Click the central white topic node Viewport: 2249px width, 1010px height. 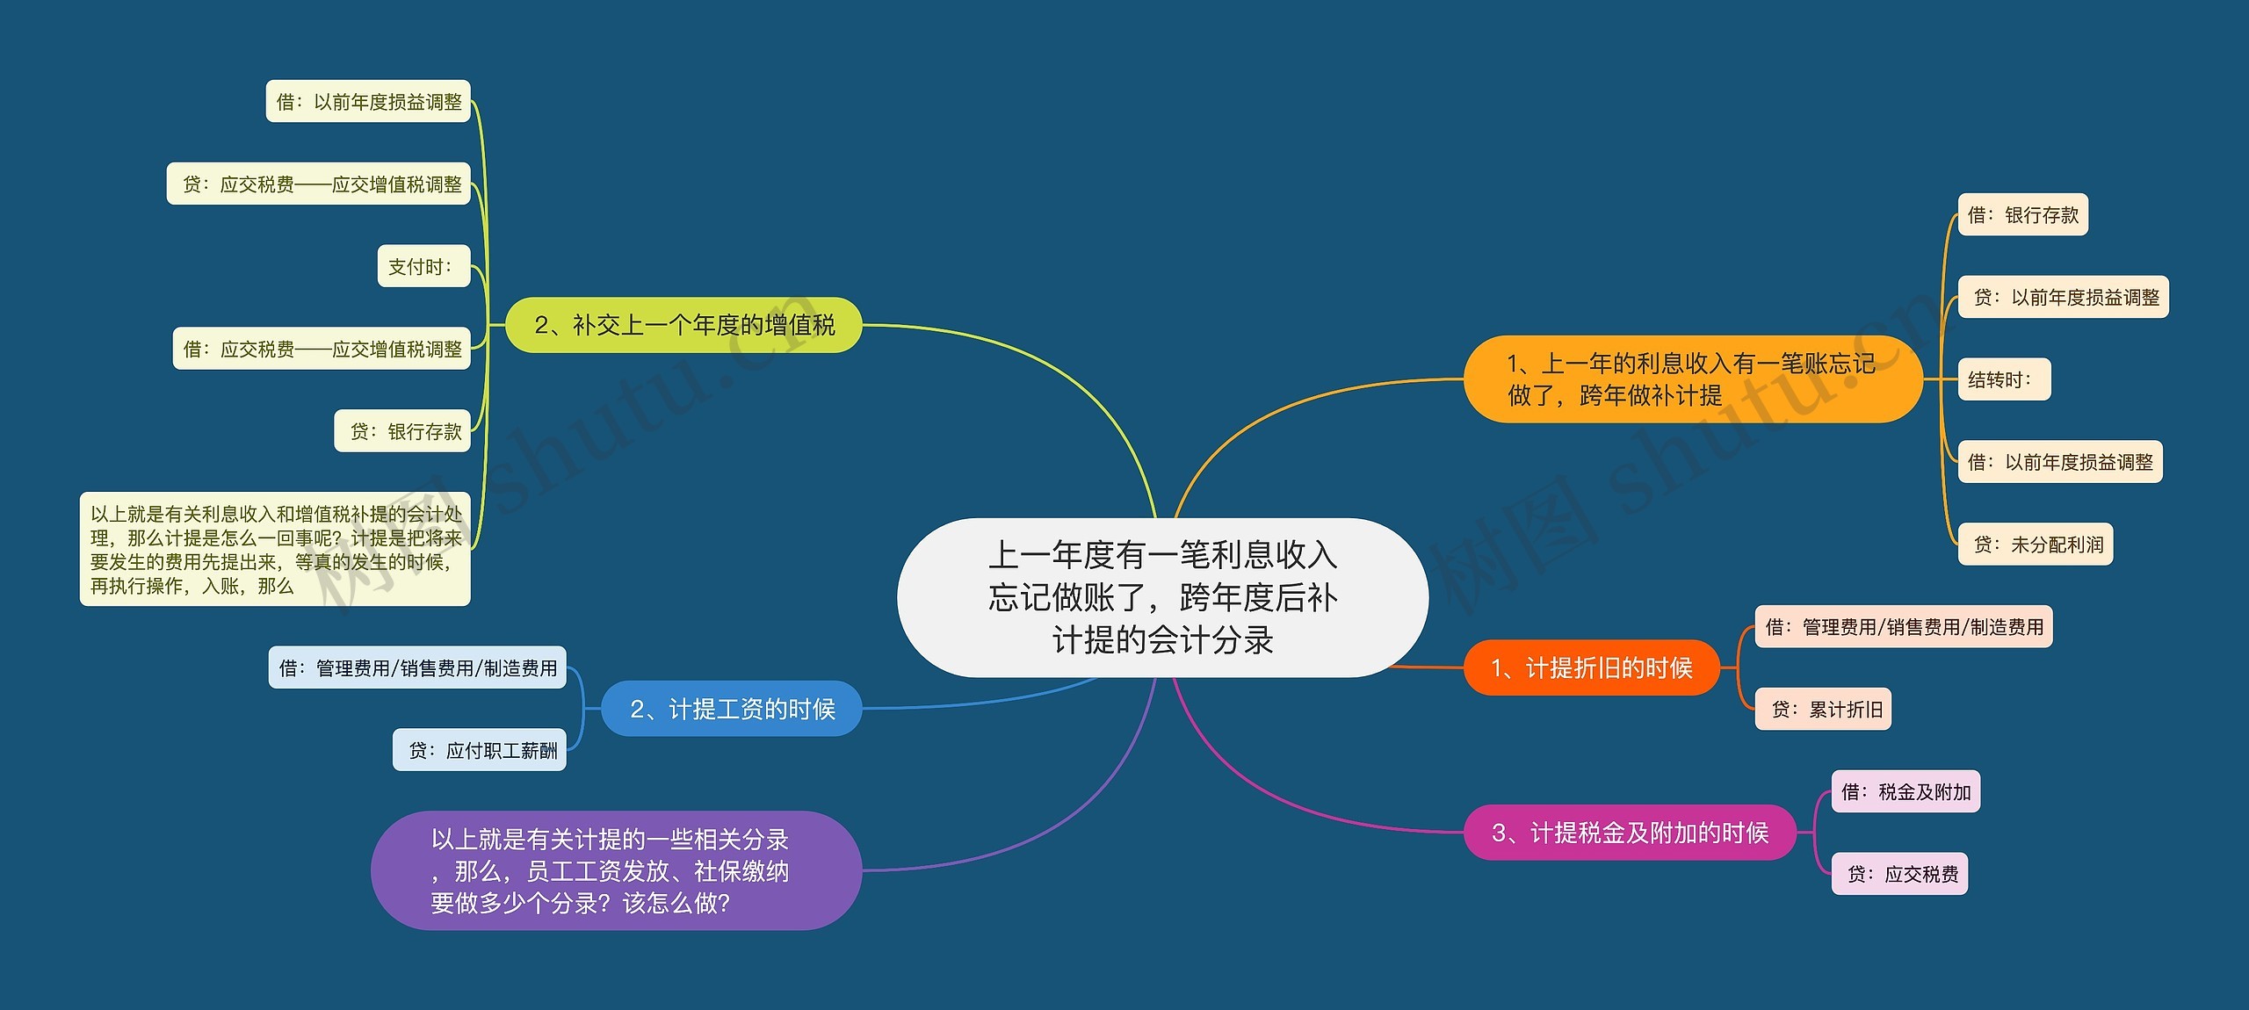1162,597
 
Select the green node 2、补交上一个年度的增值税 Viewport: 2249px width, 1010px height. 683,325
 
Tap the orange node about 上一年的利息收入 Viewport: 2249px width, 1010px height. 1693,379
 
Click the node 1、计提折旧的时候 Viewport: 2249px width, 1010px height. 1591,667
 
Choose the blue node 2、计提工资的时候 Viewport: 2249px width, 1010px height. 732,709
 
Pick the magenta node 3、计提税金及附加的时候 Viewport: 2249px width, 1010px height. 1630,833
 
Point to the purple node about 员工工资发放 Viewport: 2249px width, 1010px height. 616,870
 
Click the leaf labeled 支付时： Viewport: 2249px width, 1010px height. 424,266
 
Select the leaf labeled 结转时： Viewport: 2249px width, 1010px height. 2004,379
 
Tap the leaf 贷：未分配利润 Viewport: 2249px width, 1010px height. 2036,545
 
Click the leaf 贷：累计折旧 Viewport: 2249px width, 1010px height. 1823,709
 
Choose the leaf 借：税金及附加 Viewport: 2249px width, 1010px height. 1906,791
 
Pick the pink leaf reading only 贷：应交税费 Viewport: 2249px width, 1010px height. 1899,874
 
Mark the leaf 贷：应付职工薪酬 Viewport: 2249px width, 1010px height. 480,750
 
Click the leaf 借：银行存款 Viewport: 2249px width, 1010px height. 2023,214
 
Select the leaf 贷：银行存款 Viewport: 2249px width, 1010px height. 402,431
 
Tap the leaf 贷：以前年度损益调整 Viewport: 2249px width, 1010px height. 2064,297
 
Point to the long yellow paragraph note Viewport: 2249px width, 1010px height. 275,549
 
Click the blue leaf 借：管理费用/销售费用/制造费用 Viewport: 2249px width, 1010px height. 417,667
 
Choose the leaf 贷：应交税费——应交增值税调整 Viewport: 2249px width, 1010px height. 319,184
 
